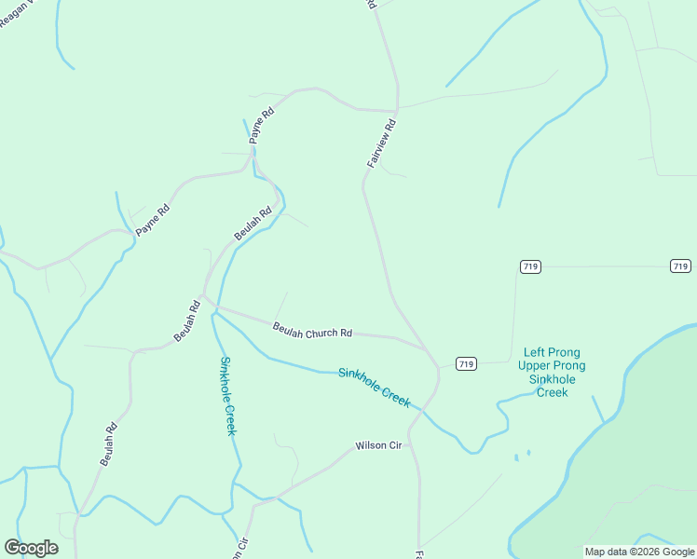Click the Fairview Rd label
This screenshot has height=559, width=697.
[x=382, y=143]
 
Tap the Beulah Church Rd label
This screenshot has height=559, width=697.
[x=312, y=330]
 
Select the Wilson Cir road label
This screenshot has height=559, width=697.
[x=378, y=446]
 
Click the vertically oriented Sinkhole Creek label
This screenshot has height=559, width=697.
[x=228, y=395]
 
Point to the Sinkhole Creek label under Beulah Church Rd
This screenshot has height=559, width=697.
[x=374, y=386]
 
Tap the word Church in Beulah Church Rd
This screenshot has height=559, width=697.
[x=317, y=331]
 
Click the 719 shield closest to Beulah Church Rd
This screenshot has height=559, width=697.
[x=466, y=363]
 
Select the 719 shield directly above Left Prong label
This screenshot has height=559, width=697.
[x=530, y=266]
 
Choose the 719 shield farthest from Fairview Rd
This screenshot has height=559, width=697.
[x=680, y=266]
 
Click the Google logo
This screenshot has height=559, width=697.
[x=31, y=548]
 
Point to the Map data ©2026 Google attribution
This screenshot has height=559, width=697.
[x=640, y=552]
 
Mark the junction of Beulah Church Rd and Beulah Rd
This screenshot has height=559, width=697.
[x=204, y=299]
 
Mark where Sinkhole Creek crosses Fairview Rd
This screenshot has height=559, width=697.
[x=421, y=407]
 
